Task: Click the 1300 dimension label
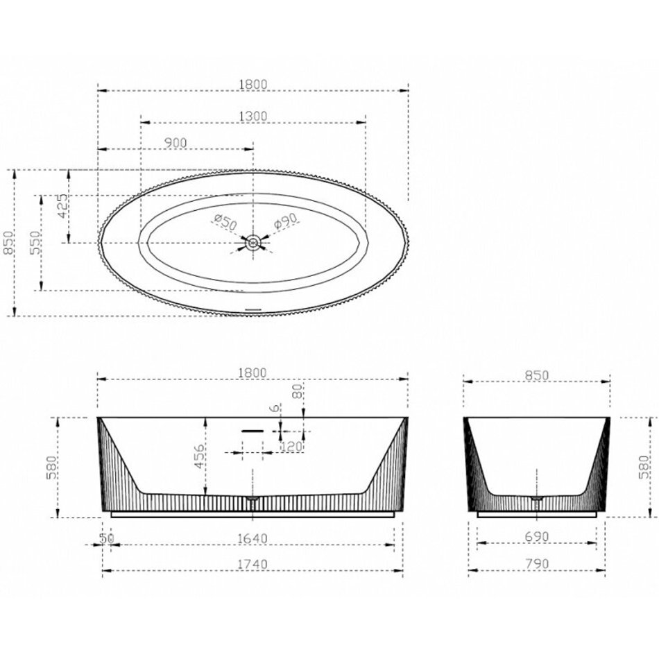(253, 116)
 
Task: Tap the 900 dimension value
(176, 143)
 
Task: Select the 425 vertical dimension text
(62, 205)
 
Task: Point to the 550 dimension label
(35, 243)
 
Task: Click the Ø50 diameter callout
(225, 221)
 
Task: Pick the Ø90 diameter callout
(286, 221)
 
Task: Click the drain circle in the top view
(253, 243)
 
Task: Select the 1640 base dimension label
(253, 538)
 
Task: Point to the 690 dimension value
(537, 536)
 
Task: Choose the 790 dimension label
(537, 563)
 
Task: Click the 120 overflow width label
(291, 446)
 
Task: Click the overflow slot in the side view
(253, 431)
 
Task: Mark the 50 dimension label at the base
(106, 538)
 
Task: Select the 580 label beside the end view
(643, 468)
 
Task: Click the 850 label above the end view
(537, 375)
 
